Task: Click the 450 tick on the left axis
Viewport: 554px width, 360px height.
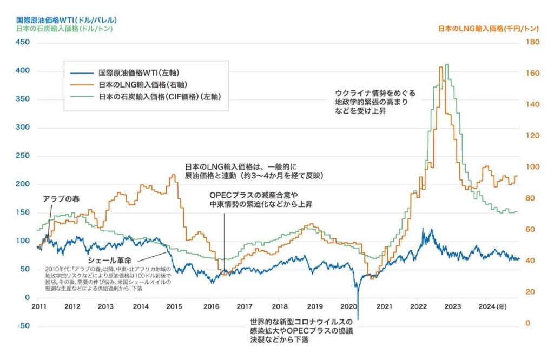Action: pyautogui.click(x=23, y=43)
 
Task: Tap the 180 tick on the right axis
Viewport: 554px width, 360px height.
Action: pyautogui.click(x=528, y=43)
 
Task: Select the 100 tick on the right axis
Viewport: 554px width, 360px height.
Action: pyautogui.click(x=528, y=168)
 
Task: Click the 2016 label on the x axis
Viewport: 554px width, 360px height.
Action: pyautogui.click(x=210, y=306)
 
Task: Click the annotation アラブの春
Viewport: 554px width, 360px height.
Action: pyautogui.click(x=61, y=199)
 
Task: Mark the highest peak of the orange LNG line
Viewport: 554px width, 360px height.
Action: pyautogui.click(x=441, y=67)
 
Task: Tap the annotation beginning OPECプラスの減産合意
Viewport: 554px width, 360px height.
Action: pyautogui.click(x=261, y=199)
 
